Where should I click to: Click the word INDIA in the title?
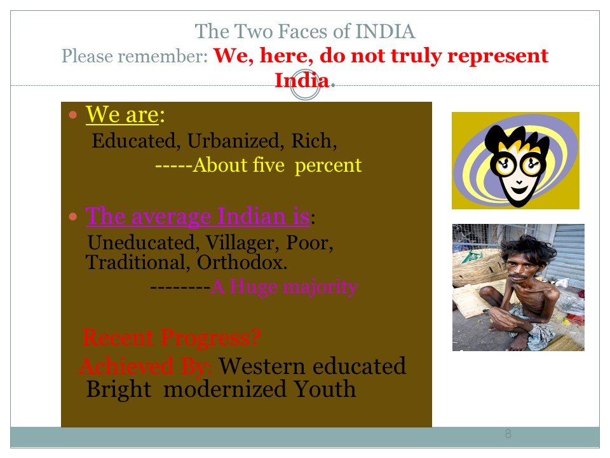tap(385, 32)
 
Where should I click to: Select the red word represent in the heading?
tap(498, 57)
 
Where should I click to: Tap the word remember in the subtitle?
tap(163, 56)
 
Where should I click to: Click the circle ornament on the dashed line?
tap(306, 85)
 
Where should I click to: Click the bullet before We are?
tap(72, 114)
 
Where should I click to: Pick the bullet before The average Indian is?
tap(72, 216)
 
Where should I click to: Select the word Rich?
tap(314, 141)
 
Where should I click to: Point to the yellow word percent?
tap(328, 165)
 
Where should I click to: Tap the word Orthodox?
tap(242, 262)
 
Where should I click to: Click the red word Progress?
tap(210, 338)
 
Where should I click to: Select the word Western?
tap(262, 366)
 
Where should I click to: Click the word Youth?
tap(325, 389)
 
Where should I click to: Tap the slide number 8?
tap(508, 433)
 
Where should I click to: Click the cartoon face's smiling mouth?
tap(518, 190)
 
